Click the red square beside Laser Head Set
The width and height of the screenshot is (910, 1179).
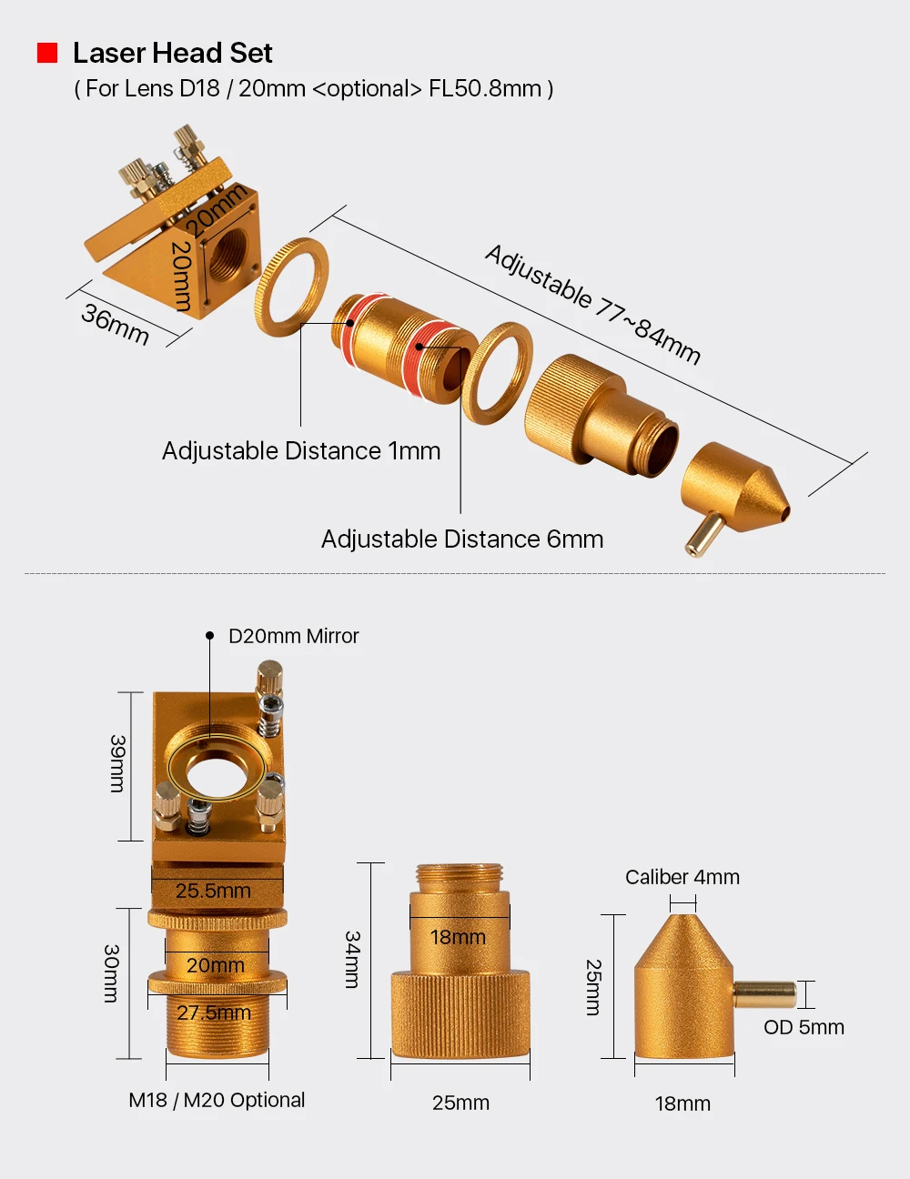tap(47, 53)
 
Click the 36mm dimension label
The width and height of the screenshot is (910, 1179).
tap(115, 324)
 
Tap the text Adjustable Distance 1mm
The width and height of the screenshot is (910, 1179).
tap(301, 451)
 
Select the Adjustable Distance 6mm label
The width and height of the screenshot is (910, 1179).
tap(462, 539)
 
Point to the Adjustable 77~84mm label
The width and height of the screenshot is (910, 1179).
tap(592, 304)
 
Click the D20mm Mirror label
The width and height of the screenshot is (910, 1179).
tap(293, 636)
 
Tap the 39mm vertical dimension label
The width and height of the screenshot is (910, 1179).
tap(117, 763)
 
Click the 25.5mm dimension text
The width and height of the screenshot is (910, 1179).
tap(213, 891)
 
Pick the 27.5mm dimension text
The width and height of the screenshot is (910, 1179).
tap(214, 1013)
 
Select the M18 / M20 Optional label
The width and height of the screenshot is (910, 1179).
tap(217, 1100)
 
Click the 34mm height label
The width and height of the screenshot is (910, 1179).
tap(353, 959)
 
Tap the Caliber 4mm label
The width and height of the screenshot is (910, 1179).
tap(682, 877)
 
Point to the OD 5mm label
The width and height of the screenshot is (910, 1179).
tap(804, 1027)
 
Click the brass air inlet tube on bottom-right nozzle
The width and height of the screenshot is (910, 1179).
tap(764, 994)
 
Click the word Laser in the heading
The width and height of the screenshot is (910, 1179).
tap(108, 53)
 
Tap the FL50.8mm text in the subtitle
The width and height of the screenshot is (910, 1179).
tap(485, 88)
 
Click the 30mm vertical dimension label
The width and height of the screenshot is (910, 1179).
tap(111, 973)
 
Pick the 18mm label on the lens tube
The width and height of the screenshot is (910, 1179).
tap(458, 937)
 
